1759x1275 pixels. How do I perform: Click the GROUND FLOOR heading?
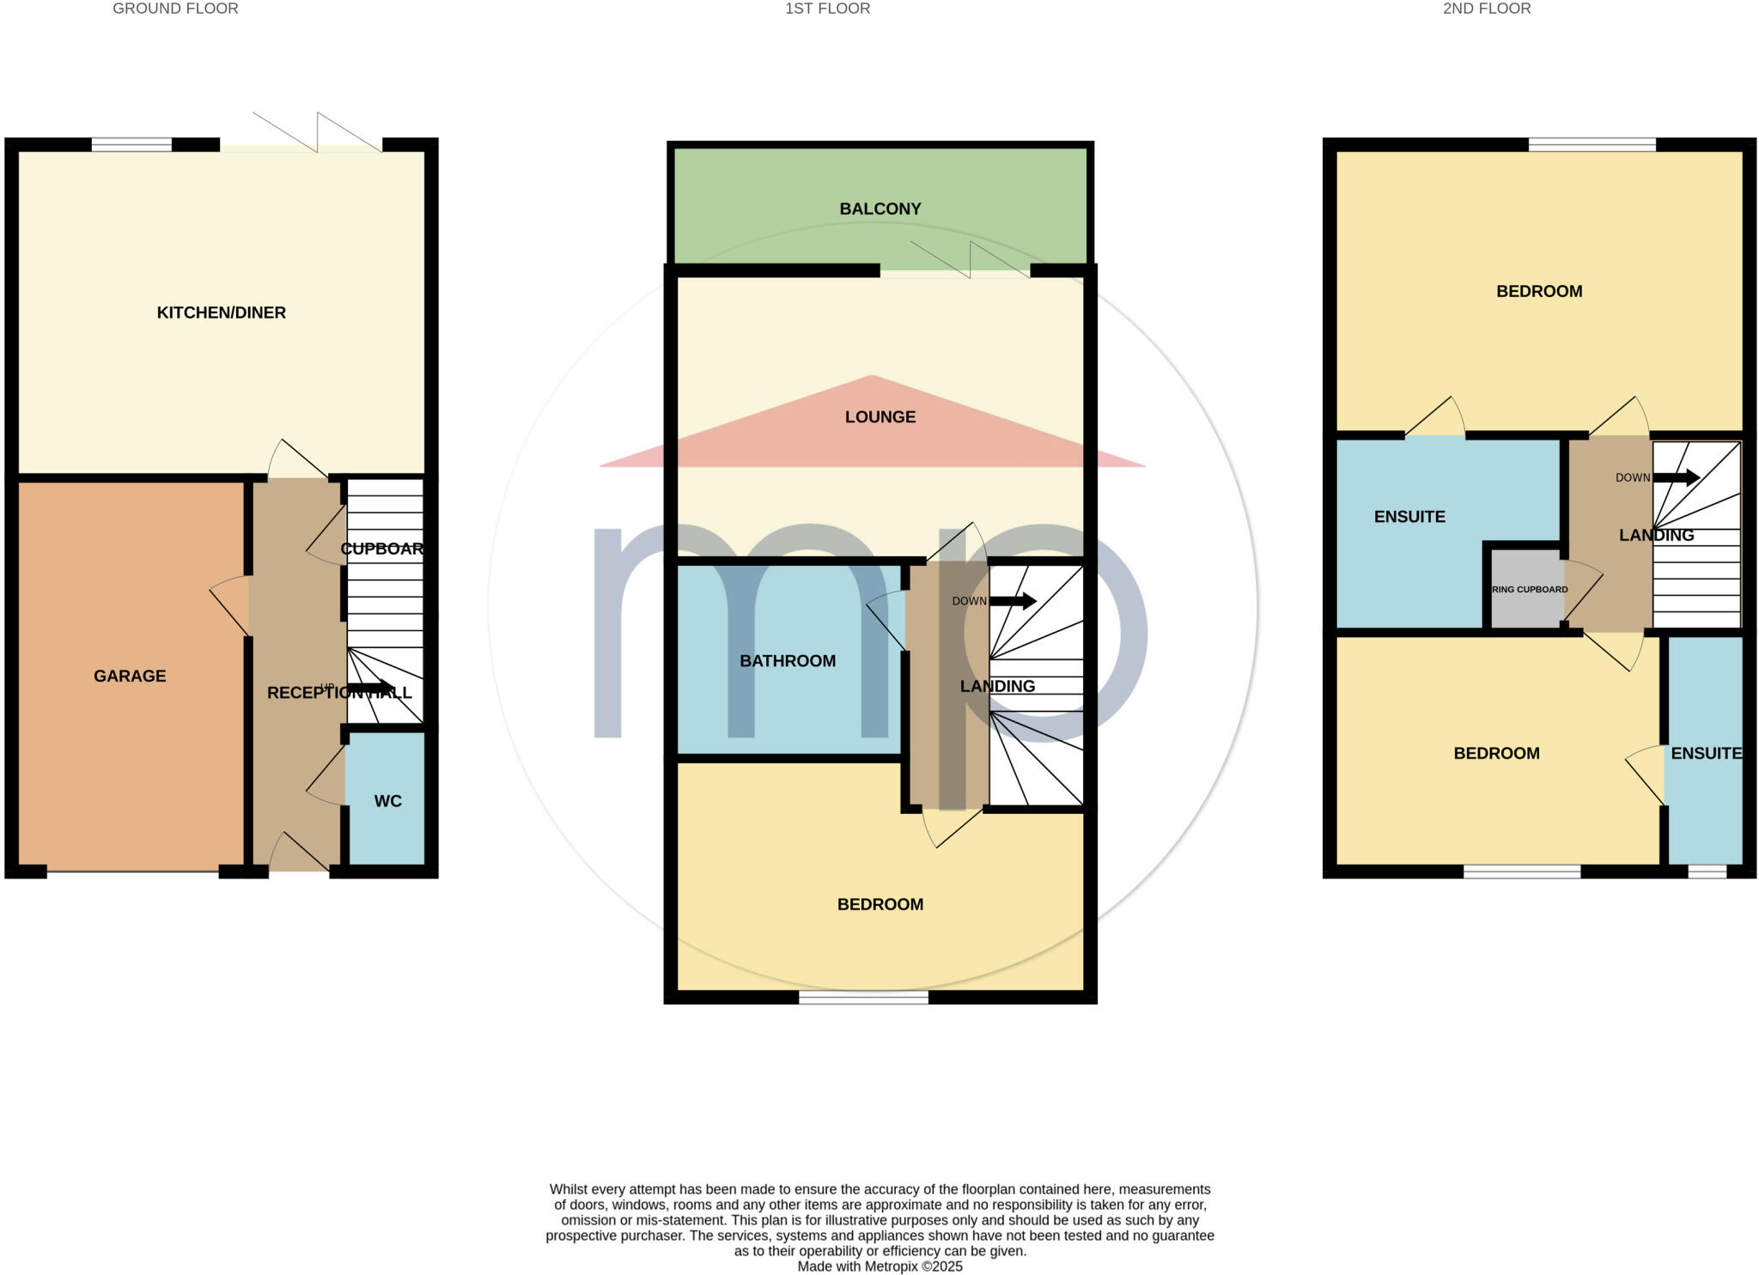[x=175, y=9]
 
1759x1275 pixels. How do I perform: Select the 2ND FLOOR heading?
[x=1486, y=9]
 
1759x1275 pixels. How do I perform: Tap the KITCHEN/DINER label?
[x=221, y=313]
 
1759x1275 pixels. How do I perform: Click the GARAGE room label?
[x=130, y=676]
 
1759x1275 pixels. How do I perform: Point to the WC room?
[x=387, y=800]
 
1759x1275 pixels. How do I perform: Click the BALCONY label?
[x=879, y=209]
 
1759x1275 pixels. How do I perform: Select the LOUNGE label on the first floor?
[x=879, y=417]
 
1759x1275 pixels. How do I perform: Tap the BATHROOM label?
[x=788, y=661]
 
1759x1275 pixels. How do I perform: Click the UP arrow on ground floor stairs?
[x=369, y=688]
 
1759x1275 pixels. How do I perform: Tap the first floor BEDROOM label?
[x=879, y=904]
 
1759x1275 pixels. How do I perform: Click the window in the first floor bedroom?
[x=863, y=998]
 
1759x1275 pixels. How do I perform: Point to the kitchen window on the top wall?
[x=131, y=144]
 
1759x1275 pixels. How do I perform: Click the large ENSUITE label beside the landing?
[x=1409, y=517]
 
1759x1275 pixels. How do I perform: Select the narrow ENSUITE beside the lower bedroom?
[x=1706, y=753]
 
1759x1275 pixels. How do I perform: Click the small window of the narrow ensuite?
[x=1707, y=871]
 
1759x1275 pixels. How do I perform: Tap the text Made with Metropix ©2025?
[x=879, y=1266]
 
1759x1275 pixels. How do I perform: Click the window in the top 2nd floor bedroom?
[x=1592, y=144]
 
